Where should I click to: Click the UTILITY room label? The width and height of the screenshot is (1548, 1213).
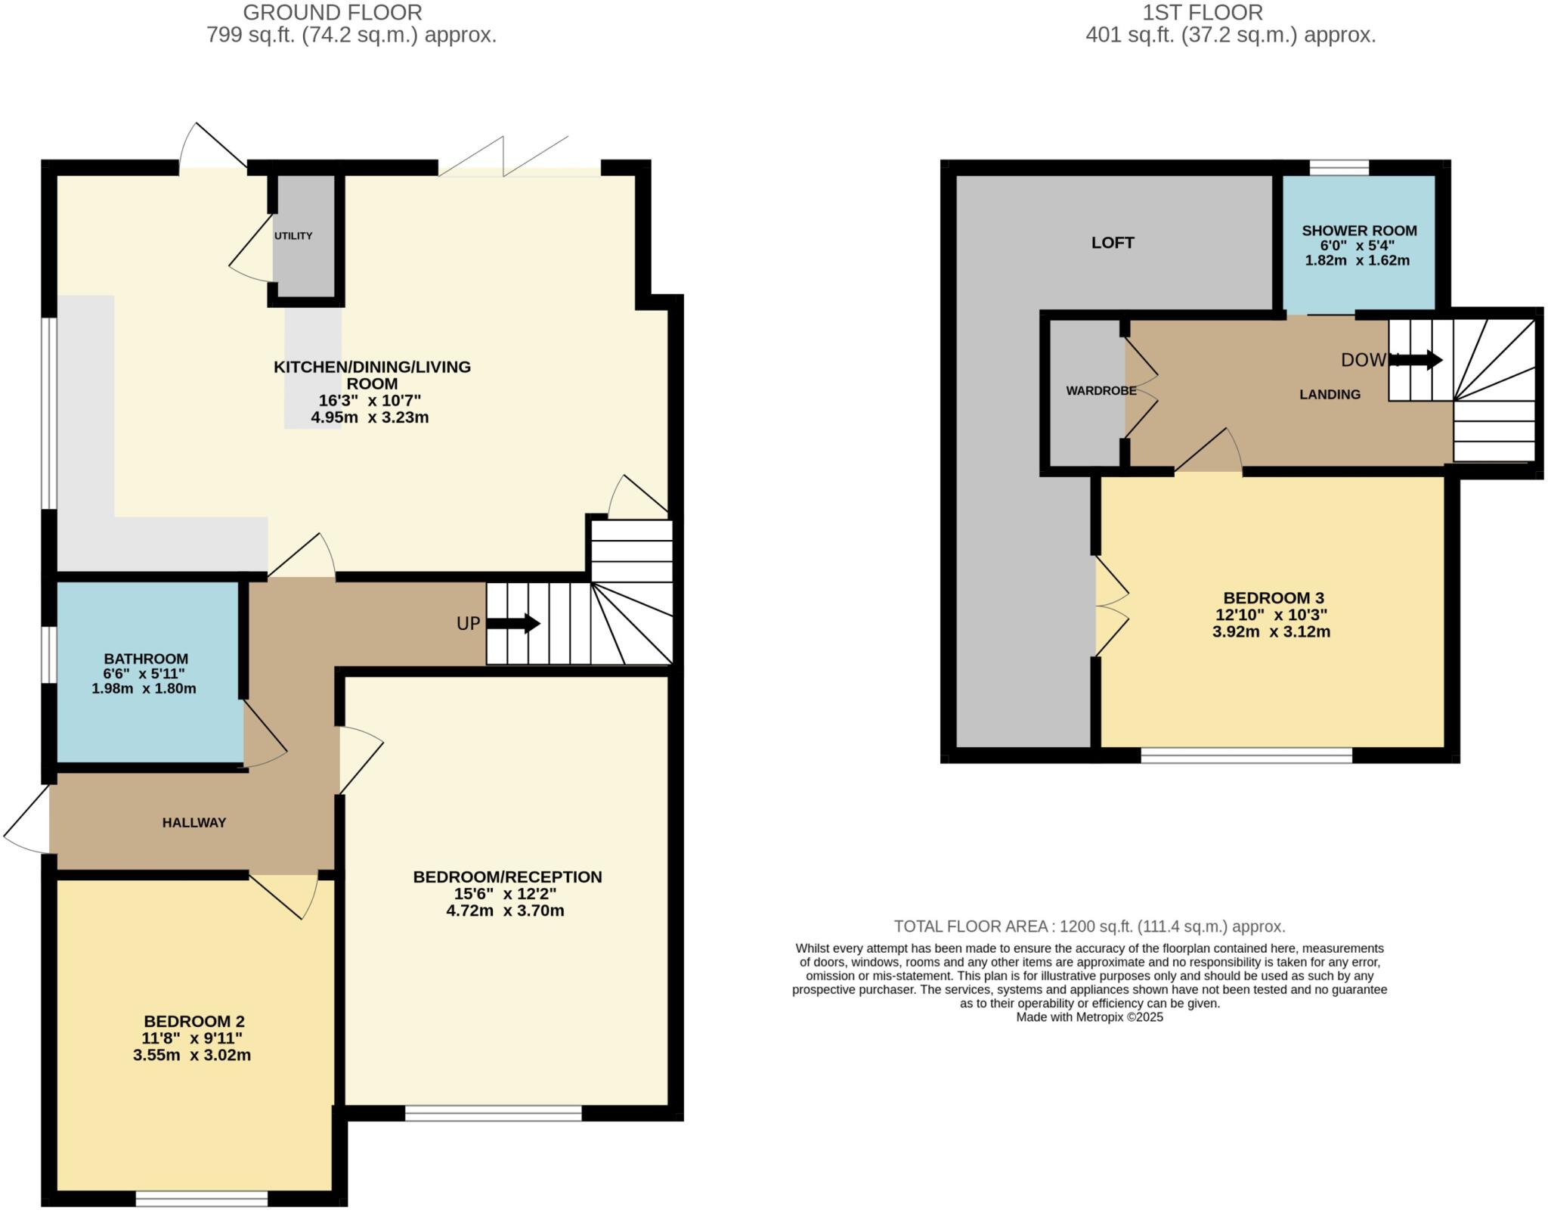(x=293, y=236)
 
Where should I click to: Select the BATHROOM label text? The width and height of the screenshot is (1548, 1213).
(x=146, y=659)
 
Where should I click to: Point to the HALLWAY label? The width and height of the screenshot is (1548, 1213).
(x=194, y=823)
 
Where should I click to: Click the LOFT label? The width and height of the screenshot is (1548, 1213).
(x=1113, y=243)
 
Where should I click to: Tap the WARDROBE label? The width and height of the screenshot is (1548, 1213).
(x=1101, y=391)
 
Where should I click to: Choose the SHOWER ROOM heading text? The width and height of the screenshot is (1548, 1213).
(x=1359, y=231)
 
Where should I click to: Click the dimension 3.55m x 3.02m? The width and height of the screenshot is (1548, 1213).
(x=192, y=1055)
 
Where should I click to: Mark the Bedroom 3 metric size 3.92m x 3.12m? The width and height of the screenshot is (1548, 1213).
(x=1271, y=631)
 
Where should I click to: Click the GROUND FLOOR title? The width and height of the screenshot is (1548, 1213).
(x=333, y=13)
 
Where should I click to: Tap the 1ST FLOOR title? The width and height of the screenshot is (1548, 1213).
(x=1203, y=13)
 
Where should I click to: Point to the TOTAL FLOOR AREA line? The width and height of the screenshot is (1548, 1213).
(x=1089, y=926)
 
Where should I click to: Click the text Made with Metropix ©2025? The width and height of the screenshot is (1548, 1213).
(x=1089, y=1017)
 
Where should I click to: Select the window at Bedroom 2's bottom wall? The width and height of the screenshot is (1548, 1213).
(x=202, y=1199)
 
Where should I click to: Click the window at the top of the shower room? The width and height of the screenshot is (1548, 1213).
(x=1339, y=168)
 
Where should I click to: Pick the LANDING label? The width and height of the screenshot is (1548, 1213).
(x=1330, y=394)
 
